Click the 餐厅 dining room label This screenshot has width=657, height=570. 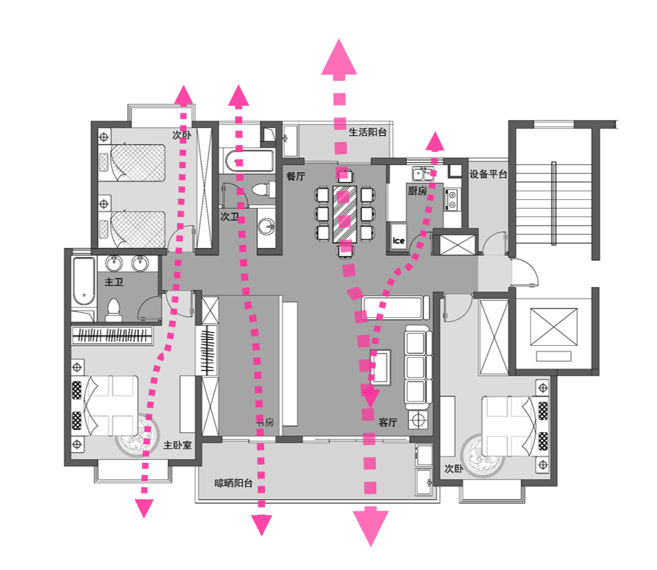[296, 175]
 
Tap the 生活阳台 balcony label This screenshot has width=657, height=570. [368, 132]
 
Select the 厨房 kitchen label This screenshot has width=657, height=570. [417, 191]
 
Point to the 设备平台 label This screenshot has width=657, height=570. [488, 174]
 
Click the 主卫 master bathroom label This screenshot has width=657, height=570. [114, 282]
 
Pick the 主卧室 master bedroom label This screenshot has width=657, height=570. [177, 444]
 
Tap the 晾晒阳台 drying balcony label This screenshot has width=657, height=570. [234, 484]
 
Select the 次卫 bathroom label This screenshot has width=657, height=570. [229, 216]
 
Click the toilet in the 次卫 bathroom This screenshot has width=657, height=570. [262, 190]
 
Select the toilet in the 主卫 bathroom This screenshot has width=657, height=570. [113, 309]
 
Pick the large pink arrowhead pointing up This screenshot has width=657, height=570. [338, 59]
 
